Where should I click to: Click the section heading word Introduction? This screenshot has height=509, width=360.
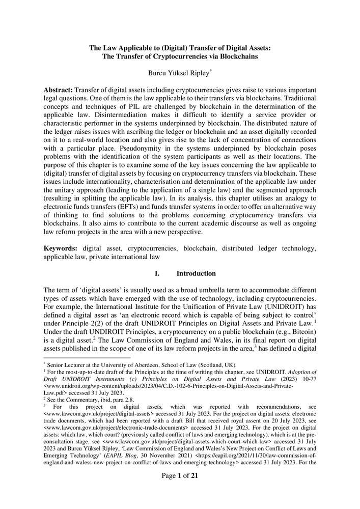tap(196, 273)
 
